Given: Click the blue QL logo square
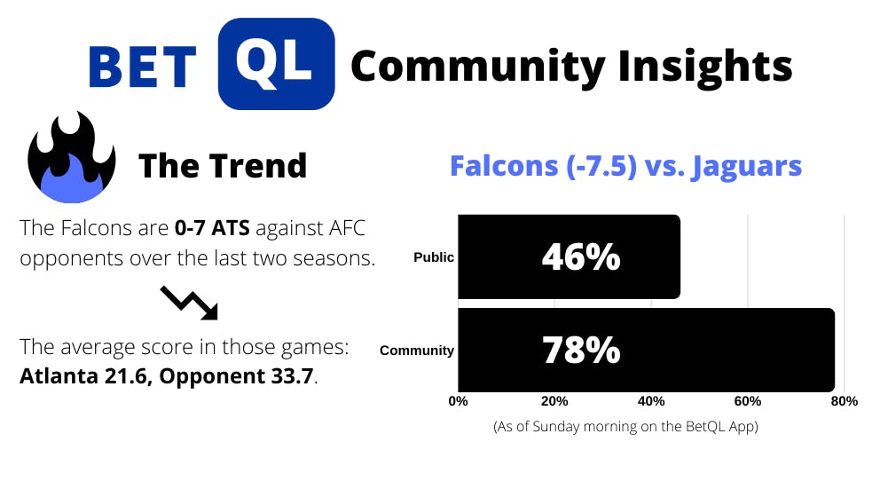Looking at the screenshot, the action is click(276, 64).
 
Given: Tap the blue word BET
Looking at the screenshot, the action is click(143, 67).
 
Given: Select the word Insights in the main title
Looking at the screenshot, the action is click(705, 67).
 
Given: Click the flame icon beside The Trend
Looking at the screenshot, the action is click(71, 157).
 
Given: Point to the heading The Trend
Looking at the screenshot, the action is click(223, 166).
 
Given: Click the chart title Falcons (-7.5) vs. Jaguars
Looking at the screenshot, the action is click(625, 166).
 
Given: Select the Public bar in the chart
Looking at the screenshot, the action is click(570, 256).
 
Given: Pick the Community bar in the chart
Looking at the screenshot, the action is click(646, 350).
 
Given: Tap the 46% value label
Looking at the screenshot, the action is click(581, 257).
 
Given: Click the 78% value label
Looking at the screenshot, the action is click(581, 350).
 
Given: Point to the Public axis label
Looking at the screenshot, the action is click(434, 257).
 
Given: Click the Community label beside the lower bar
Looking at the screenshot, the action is click(417, 351).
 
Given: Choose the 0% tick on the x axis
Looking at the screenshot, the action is click(458, 401).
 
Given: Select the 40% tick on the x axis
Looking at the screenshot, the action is click(651, 401).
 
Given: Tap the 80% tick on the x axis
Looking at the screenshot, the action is click(845, 401).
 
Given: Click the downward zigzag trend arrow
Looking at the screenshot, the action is click(189, 304).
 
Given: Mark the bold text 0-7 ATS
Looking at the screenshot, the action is click(212, 228).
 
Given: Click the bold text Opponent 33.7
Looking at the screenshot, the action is click(236, 375).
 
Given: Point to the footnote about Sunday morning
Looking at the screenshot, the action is click(625, 426).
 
